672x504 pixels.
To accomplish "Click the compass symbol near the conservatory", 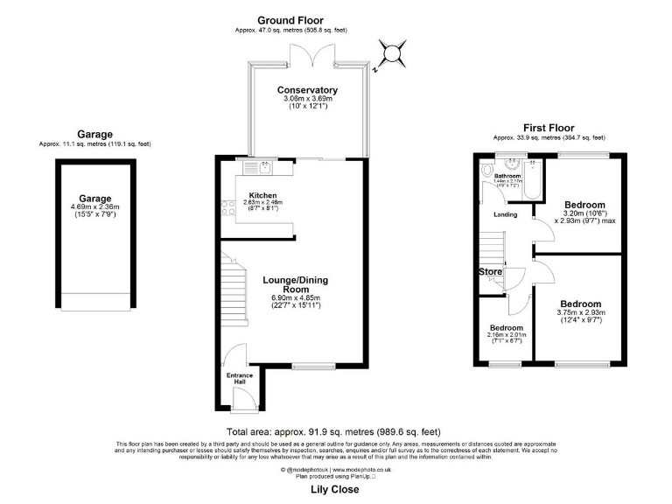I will (390, 54).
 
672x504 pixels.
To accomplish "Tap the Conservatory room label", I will (307, 90).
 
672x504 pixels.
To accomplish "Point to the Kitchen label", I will (262, 194).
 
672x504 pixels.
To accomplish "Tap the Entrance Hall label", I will (240, 378).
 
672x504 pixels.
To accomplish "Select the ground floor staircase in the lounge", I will (232, 289).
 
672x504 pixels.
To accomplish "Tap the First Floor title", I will (548, 127).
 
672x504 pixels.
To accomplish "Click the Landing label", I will (505, 214).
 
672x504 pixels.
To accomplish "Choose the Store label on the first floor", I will (491, 272).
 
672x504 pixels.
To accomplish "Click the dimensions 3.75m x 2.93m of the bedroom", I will (580, 313).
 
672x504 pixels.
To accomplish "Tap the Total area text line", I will (333, 432).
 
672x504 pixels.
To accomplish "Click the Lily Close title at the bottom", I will (335, 490).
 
